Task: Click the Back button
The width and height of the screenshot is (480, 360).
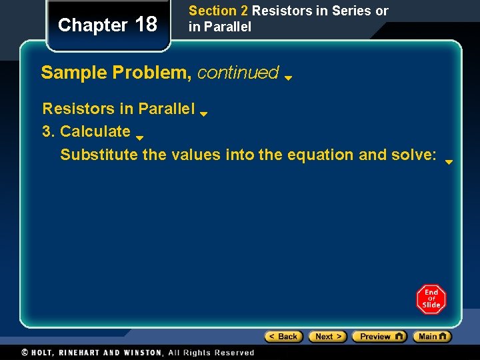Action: pos(284,337)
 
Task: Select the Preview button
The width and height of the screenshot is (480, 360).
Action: pos(379,337)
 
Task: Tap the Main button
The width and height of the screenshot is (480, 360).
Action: pos(431,337)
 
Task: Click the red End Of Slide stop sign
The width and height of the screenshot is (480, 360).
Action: pos(431,299)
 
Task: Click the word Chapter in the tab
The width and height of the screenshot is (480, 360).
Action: pos(93,25)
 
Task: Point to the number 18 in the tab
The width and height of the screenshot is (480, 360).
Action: pos(146,25)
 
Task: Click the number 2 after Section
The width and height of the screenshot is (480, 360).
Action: pos(244,11)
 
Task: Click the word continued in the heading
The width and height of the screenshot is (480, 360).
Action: pos(238,73)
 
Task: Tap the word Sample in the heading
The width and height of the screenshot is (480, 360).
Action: pos(74,73)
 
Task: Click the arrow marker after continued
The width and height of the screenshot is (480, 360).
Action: pos(288,77)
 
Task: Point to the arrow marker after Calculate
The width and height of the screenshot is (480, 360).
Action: pos(140,138)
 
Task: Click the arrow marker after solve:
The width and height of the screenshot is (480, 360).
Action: pos(449,161)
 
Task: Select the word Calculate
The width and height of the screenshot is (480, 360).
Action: pos(95,131)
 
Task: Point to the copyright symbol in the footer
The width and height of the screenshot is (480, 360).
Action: pos(25,353)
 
